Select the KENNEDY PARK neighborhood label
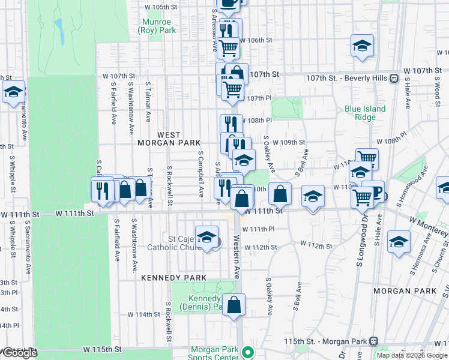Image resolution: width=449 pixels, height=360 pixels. click(173, 278)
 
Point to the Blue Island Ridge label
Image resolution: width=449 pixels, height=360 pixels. click(365, 113)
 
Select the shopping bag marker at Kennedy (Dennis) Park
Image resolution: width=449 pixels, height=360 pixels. click(234, 305)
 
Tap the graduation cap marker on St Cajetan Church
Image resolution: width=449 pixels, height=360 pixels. click(206, 238)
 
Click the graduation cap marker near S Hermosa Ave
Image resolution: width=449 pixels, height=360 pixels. click(399, 242)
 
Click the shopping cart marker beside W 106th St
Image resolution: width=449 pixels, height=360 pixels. click(228, 47)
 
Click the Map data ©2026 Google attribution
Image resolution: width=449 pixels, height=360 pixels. click(412, 355)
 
